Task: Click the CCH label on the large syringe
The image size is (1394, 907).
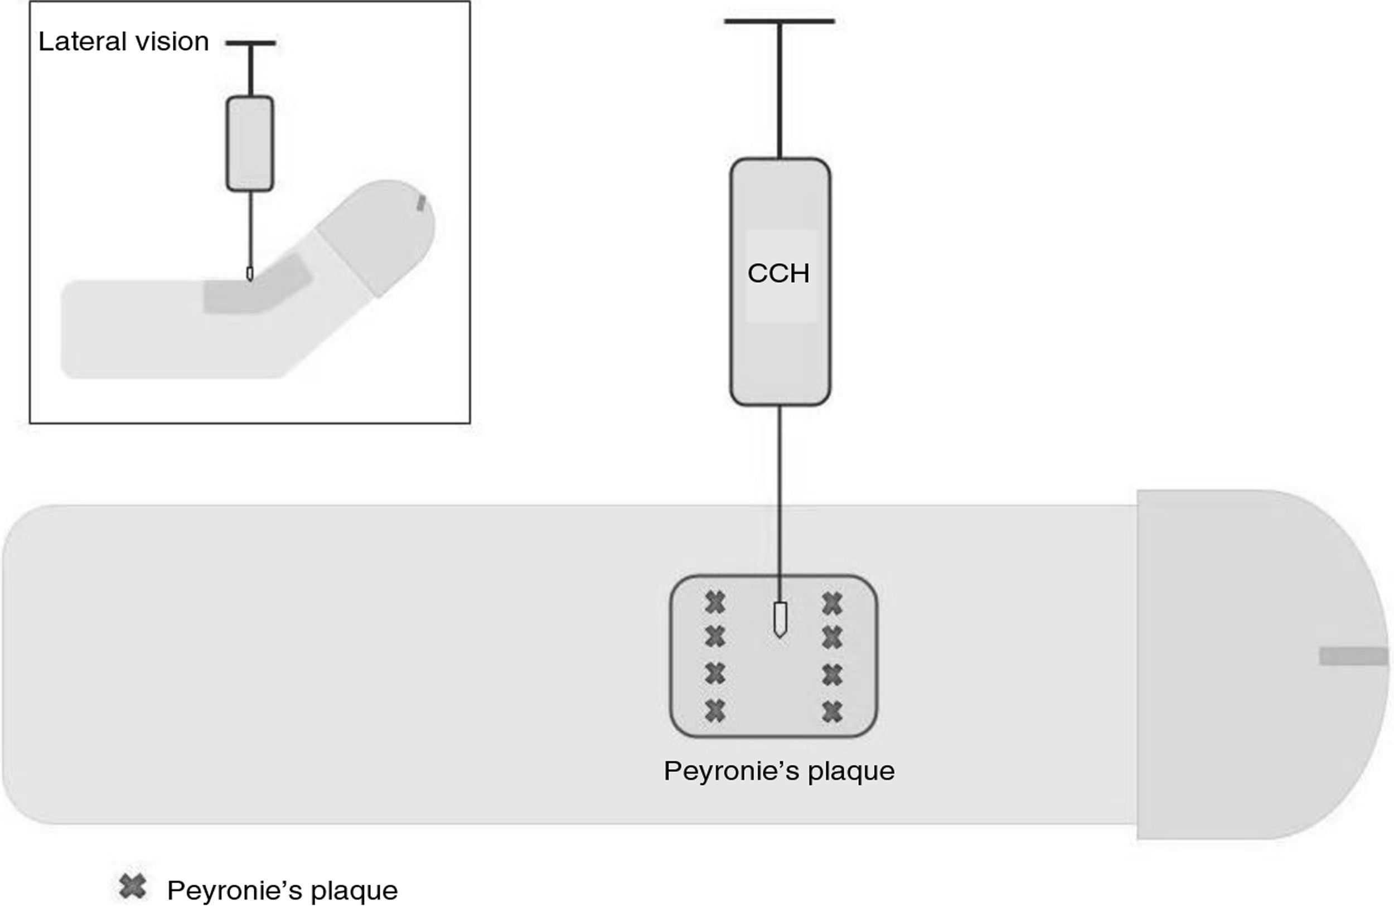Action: tap(778, 274)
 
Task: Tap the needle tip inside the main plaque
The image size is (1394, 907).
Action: tap(780, 619)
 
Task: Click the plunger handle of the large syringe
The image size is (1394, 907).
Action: tap(779, 22)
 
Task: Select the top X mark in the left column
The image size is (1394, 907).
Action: tap(715, 603)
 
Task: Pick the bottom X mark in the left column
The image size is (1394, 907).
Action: tap(715, 711)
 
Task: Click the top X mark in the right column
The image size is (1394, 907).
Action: tap(832, 603)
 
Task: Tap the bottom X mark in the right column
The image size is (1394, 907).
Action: tap(832, 712)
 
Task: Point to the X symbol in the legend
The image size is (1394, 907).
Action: tap(132, 887)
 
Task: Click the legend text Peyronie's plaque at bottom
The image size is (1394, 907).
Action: tap(282, 891)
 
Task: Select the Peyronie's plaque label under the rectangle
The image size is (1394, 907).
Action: tap(779, 771)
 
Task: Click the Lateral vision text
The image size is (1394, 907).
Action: tap(124, 42)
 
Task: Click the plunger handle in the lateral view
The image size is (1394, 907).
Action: tap(251, 43)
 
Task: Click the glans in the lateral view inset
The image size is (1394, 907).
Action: tap(381, 234)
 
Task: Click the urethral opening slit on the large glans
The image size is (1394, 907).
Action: tap(1353, 656)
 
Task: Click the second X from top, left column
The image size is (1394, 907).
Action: tap(715, 637)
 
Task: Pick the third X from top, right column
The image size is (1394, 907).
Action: tap(832, 675)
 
